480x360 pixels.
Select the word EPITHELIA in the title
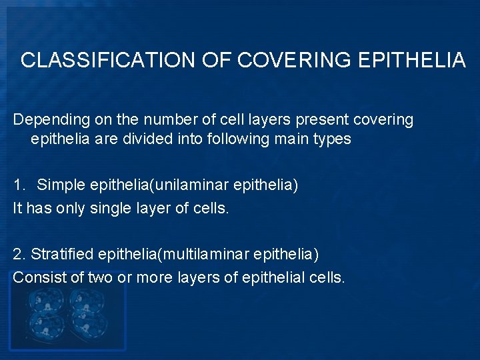pyautogui.click(x=411, y=61)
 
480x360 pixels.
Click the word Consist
pyautogui.click(x=39, y=277)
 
